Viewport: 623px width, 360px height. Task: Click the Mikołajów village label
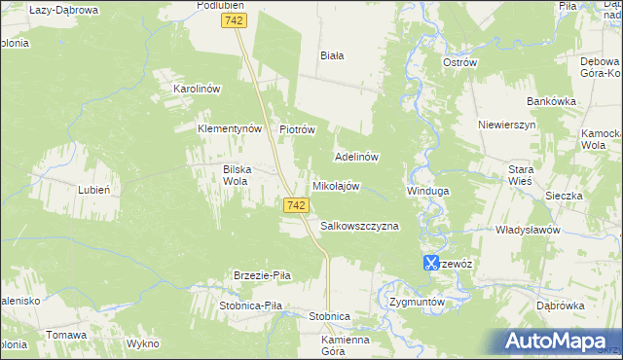click(336, 186)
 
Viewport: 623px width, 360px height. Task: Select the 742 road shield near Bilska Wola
click(298, 205)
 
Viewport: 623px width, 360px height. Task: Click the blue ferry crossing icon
click(430, 262)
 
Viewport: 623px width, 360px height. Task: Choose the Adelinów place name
click(356, 156)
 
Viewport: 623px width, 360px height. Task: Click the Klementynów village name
click(231, 128)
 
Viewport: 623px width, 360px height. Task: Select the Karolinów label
click(198, 89)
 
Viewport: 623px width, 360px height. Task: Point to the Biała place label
click(333, 55)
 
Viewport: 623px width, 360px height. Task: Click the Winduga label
click(427, 191)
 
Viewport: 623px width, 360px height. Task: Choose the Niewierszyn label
click(507, 126)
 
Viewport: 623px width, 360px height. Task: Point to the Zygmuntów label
click(416, 302)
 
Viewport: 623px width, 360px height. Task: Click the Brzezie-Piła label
click(262, 275)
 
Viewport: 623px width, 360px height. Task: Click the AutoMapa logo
click(557, 341)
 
